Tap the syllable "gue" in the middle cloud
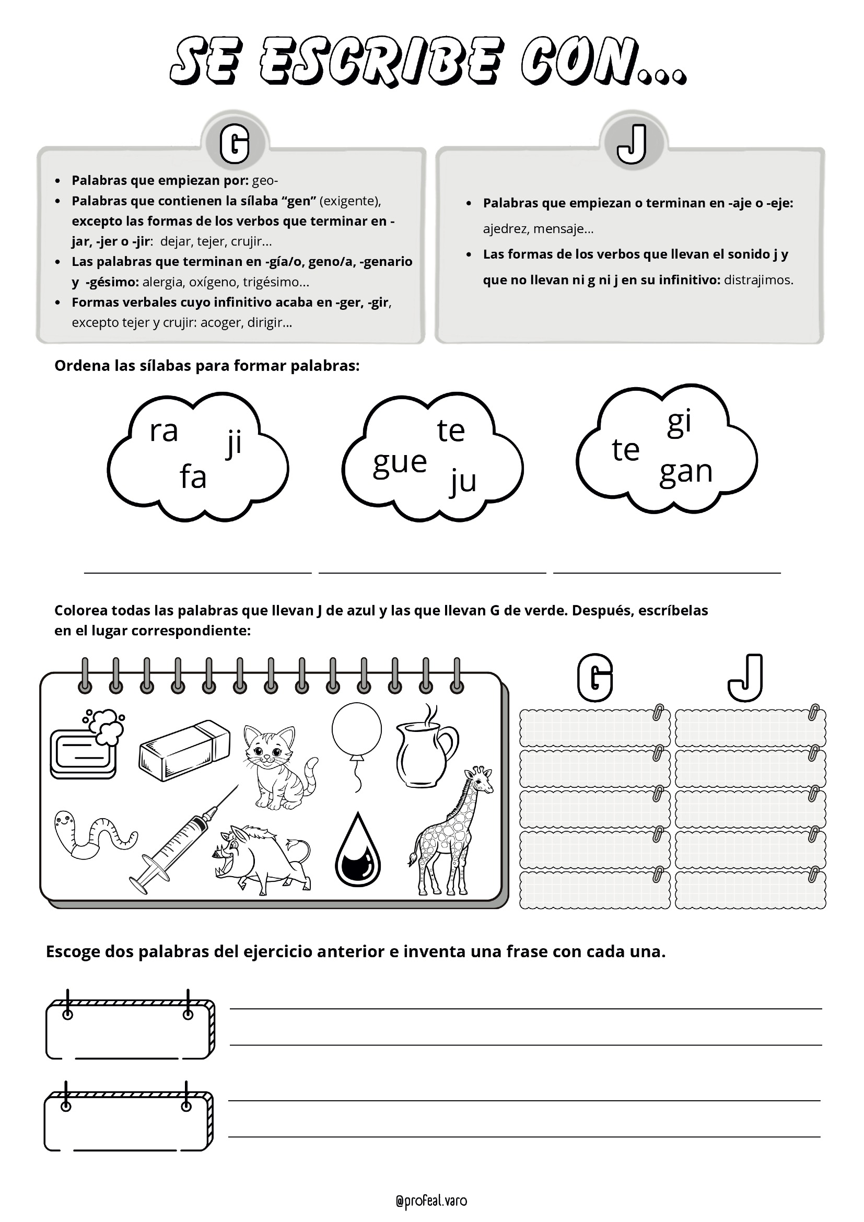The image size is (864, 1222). coord(400,462)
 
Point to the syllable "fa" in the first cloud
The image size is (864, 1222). coord(193,476)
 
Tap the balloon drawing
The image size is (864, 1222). coord(356,735)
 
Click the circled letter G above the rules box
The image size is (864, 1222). coord(235,144)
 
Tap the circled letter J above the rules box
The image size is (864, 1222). coord(632,144)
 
